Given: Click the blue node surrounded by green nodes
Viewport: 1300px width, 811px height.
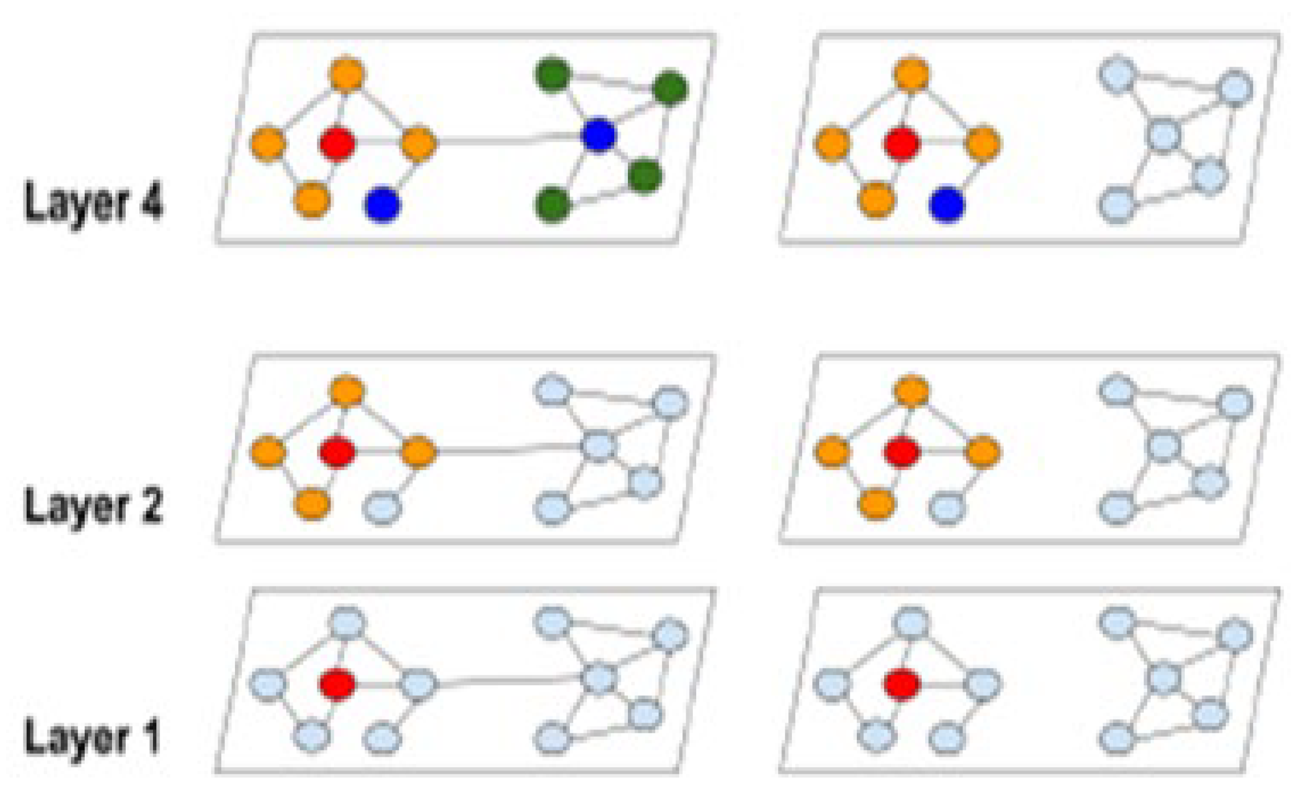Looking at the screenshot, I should click(x=599, y=135).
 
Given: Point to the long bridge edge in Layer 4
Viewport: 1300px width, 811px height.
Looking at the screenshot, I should click(x=508, y=141).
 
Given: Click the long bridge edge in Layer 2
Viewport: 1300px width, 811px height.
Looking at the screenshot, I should click(x=508, y=451).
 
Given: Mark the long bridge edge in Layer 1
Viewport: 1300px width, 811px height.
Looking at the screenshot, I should click(x=508, y=681).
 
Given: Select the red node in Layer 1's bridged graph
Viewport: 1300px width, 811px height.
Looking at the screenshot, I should click(x=337, y=684).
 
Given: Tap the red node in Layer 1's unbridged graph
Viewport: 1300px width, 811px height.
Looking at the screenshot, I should click(x=902, y=684).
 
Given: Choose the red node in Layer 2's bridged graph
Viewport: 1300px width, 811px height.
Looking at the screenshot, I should click(x=337, y=451).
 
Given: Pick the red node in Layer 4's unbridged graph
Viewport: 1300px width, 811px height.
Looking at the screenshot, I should click(x=902, y=143).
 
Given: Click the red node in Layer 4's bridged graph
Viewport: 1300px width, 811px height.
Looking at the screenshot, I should click(x=337, y=143).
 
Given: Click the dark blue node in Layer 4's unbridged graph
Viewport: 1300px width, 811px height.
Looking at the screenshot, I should click(x=947, y=205).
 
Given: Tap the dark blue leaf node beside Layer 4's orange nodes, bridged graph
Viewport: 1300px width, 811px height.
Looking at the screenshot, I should click(x=383, y=205).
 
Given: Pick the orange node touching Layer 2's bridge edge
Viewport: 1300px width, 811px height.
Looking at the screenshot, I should click(x=419, y=451).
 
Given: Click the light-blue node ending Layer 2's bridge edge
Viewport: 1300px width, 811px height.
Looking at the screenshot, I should click(x=599, y=446).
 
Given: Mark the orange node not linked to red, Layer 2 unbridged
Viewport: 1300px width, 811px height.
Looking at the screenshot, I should click(x=832, y=451).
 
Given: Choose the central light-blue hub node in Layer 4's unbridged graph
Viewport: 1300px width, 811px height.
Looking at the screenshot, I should click(x=1164, y=135).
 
